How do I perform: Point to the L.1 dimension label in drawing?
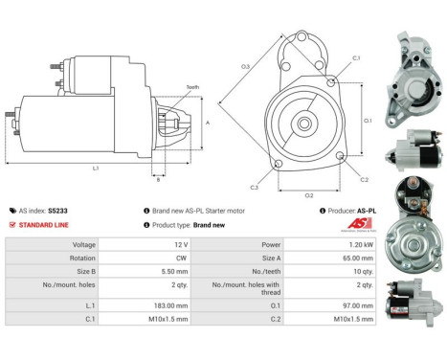[97, 169]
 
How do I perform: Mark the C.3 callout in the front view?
[255, 187]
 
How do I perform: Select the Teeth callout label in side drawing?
[167, 85]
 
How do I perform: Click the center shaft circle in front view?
[303, 123]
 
